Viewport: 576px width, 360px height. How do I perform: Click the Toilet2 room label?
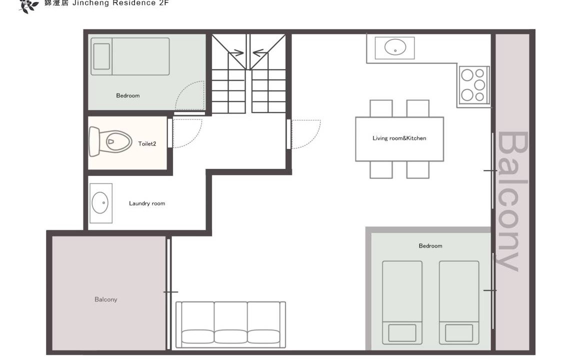click(147, 143)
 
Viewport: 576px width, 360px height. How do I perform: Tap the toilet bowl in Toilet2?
click(110, 141)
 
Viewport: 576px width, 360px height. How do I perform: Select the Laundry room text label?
click(147, 203)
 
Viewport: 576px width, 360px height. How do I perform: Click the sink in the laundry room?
click(100, 203)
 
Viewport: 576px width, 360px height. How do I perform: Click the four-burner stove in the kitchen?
click(473, 85)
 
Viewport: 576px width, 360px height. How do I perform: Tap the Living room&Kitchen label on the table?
click(399, 138)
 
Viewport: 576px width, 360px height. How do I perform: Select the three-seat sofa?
click(230, 324)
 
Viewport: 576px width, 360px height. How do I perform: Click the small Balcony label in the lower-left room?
click(106, 299)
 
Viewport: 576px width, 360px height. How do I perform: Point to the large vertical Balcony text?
click(512, 201)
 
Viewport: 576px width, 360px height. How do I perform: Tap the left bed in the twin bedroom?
click(402, 302)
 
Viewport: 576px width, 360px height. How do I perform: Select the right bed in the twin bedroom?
click(459, 302)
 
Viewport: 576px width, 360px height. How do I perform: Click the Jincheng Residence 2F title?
click(120, 3)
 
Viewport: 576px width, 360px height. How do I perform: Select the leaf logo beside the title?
click(28, 5)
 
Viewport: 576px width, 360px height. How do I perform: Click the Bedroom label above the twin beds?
click(430, 246)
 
